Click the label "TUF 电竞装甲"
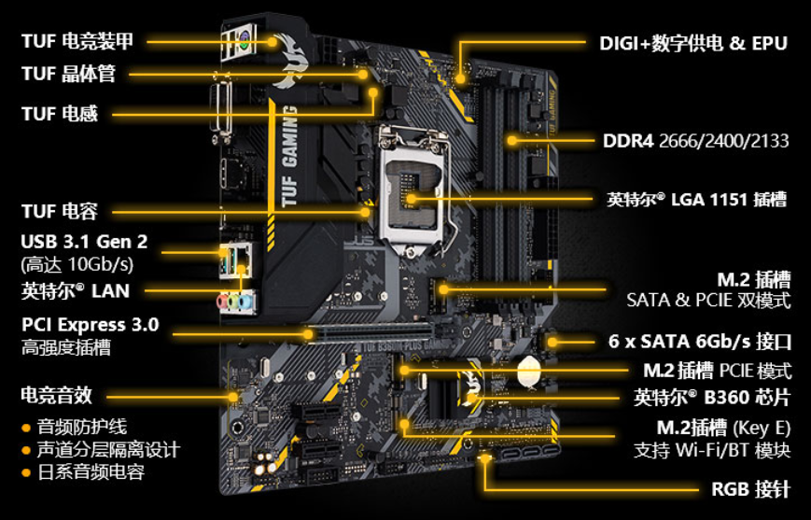pos(77,41)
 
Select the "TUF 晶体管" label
pos(68,74)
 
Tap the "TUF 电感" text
pos(60,113)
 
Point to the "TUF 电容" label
pos(60,211)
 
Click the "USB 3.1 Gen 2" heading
pos(84,242)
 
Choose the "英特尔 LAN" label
pos(75,290)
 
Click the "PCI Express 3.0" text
pos(90,325)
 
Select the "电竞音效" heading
pos(56,395)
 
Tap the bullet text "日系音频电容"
pos(91,471)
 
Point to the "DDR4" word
pos(628,141)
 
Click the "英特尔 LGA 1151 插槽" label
pos(697,199)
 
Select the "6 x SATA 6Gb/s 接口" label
pos(700,342)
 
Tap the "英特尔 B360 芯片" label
pos(712,398)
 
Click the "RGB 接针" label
pos(751,489)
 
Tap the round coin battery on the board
pos(528,371)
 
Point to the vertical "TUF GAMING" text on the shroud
pos(290,156)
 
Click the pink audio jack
pos(223,302)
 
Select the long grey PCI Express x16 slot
pos(369,332)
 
